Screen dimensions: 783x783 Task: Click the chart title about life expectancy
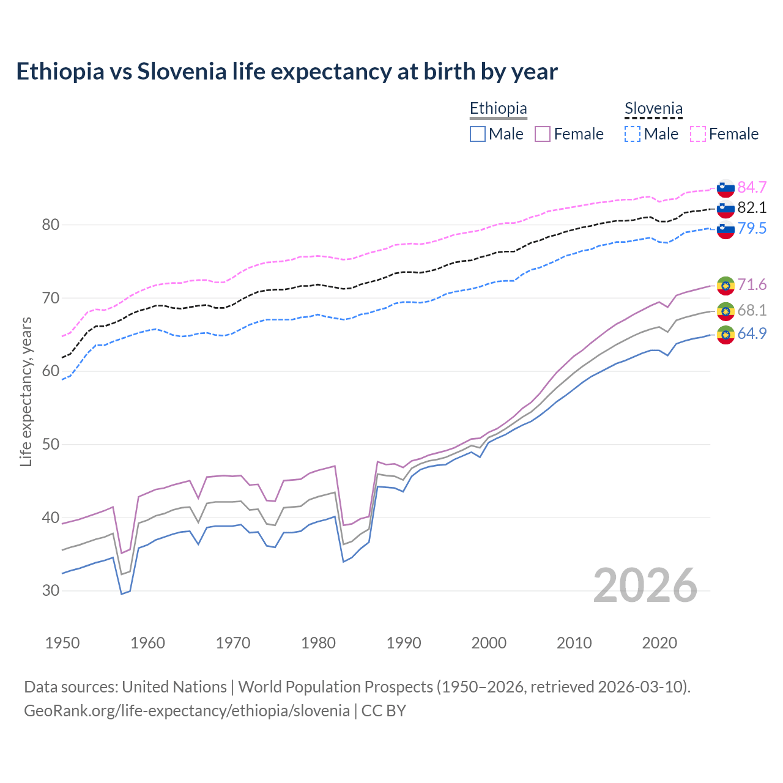(x=287, y=72)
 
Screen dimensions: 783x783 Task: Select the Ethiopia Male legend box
(x=478, y=134)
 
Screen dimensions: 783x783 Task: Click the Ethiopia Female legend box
(x=543, y=134)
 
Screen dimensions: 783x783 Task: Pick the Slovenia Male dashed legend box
(x=633, y=134)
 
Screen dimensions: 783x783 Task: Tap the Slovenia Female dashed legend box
(x=698, y=134)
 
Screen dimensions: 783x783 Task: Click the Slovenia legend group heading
(x=653, y=109)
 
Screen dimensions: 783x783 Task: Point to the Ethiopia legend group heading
(x=498, y=109)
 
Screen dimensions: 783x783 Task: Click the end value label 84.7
(x=752, y=187)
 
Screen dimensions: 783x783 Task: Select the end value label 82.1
(x=752, y=207)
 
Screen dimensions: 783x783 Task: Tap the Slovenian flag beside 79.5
(x=725, y=230)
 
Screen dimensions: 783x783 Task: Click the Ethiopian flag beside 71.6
(x=725, y=286)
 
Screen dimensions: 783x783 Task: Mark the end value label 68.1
(x=752, y=310)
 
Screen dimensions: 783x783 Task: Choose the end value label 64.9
(x=752, y=333)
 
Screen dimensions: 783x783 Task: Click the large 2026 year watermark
(x=645, y=585)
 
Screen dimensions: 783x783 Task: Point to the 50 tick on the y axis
(x=51, y=444)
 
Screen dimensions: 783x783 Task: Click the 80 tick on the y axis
(x=51, y=225)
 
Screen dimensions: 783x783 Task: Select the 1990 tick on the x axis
(x=404, y=643)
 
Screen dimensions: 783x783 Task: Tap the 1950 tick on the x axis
(x=63, y=643)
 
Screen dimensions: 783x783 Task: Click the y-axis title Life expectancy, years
(x=26, y=391)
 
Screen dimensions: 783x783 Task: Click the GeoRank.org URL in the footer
(x=187, y=711)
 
